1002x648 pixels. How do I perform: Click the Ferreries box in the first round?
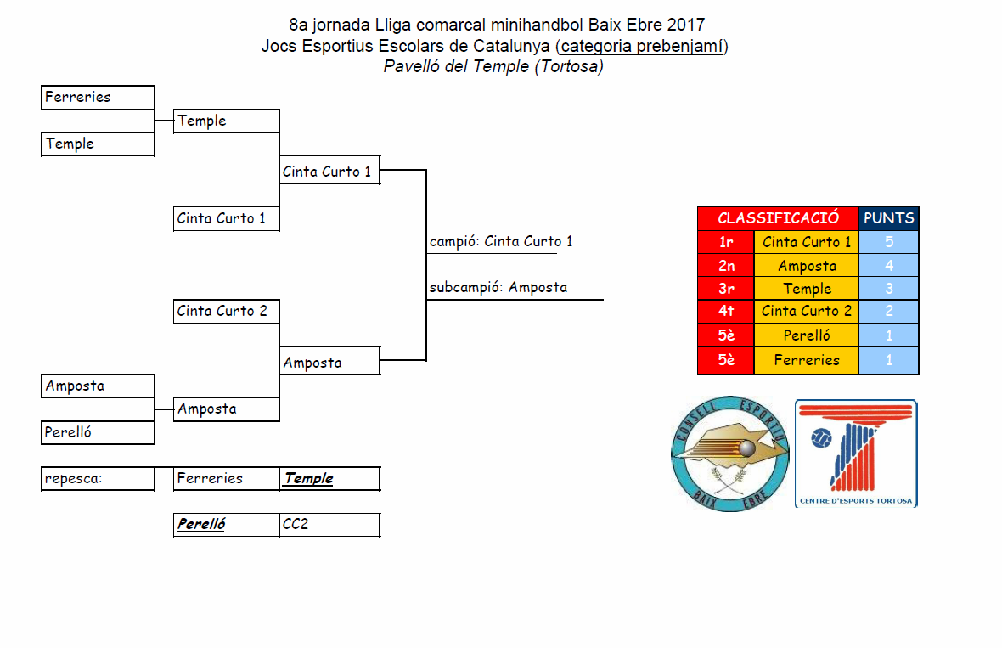(98, 98)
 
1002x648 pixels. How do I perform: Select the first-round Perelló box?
(98, 432)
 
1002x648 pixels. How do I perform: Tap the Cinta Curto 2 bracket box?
(226, 312)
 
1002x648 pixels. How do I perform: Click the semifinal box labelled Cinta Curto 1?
(329, 172)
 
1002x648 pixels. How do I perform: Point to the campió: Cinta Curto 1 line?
(501, 241)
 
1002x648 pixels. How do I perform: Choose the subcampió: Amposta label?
(498, 287)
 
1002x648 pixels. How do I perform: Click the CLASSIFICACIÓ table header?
(778, 218)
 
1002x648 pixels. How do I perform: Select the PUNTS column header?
(888, 218)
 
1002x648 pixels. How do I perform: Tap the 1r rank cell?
(725, 242)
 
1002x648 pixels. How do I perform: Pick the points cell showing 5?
(888, 242)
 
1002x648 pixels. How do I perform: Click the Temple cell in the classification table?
(806, 289)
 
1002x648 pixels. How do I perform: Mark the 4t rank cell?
(725, 311)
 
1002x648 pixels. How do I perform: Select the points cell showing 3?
(888, 289)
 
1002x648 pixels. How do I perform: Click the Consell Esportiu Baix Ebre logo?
(728, 454)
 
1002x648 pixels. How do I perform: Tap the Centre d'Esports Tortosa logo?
(856, 454)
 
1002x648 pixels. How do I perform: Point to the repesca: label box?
(98, 478)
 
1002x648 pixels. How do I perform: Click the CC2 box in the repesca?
(329, 524)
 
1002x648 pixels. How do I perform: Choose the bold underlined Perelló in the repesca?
(201, 524)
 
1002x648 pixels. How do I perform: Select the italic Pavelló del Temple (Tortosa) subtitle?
(493, 66)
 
